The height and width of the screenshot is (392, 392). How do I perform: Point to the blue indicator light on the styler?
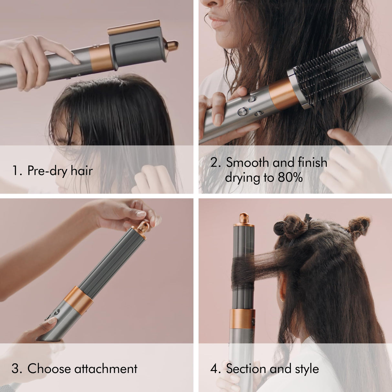point(250,109)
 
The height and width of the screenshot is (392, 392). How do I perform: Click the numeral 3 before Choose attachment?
point(15,369)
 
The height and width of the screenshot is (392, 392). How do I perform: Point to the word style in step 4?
point(307,368)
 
